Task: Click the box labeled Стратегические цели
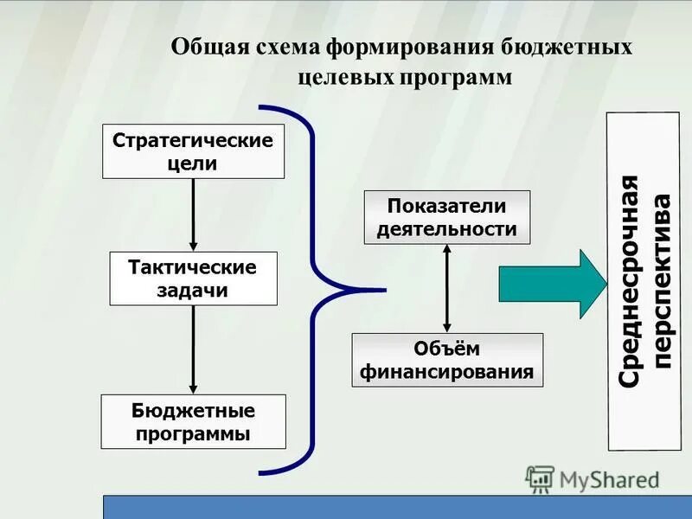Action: click(x=193, y=151)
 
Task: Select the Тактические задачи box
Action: click(x=193, y=279)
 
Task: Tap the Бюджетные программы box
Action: click(x=193, y=421)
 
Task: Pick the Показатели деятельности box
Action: click(x=446, y=217)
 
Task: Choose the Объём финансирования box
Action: click(x=446, y=360)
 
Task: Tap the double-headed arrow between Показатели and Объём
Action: click(x=446, y=288)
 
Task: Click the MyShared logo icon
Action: click(x=540, y=479)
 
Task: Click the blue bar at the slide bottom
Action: click(x=398, y=507)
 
